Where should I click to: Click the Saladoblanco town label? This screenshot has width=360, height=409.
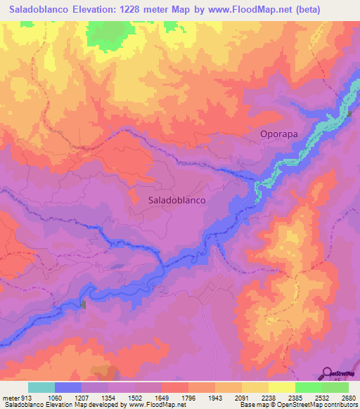coord(177,200)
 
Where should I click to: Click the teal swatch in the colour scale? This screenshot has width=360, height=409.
coord(41,387)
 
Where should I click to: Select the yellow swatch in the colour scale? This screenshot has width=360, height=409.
coord(282,387)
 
